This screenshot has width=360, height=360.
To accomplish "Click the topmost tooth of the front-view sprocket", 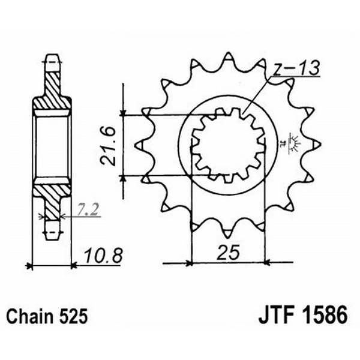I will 229,59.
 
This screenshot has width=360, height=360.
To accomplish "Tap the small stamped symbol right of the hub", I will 294,142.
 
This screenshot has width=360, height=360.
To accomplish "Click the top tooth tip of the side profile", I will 52,60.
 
